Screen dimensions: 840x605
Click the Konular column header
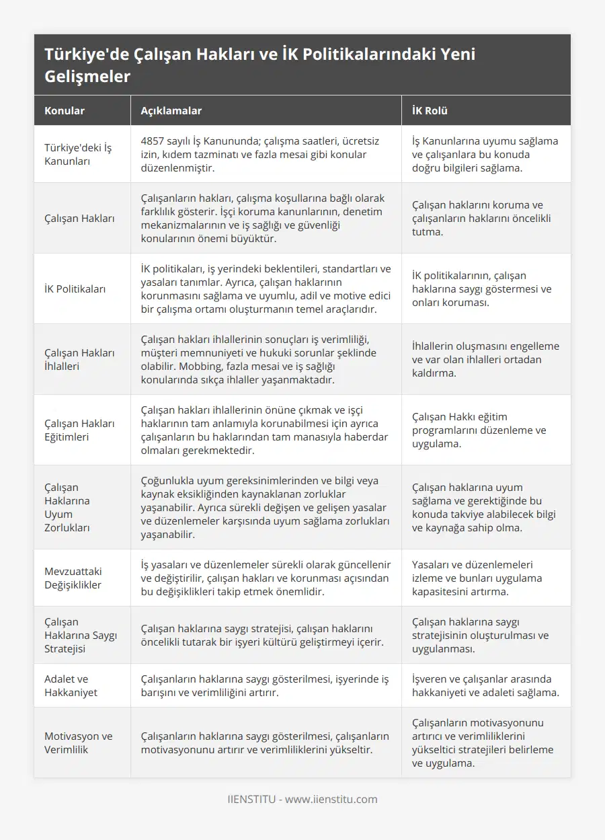pyautogui.click(x=65, y=111)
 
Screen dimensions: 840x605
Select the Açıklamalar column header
pyautogui.click(x=171, y=111)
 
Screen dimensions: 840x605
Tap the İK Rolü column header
pyautogui.click(x=430, y=111)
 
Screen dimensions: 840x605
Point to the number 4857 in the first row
pyautogui.click(x=153, y=141)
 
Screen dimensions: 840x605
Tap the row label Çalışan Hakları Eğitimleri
pyautogui.click(x=79, y=430)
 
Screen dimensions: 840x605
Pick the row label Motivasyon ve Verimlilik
pyautogui.click(x=78, y=742)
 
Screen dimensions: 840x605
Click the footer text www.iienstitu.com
pyautogui.click(x=331, y=799)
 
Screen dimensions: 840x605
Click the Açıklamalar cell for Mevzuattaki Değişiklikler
pyautogui.click(x=266, y=578)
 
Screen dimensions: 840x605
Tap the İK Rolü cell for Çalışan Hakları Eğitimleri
pyautogui.click(x=479, y=430)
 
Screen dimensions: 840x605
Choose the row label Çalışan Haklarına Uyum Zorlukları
pyautogui.click(x=67, y=507)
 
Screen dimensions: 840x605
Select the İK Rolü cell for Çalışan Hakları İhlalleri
pyautogui.click(x=485, y=359)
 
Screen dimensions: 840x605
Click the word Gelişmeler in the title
pyautogui.click(x=87, y=76)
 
